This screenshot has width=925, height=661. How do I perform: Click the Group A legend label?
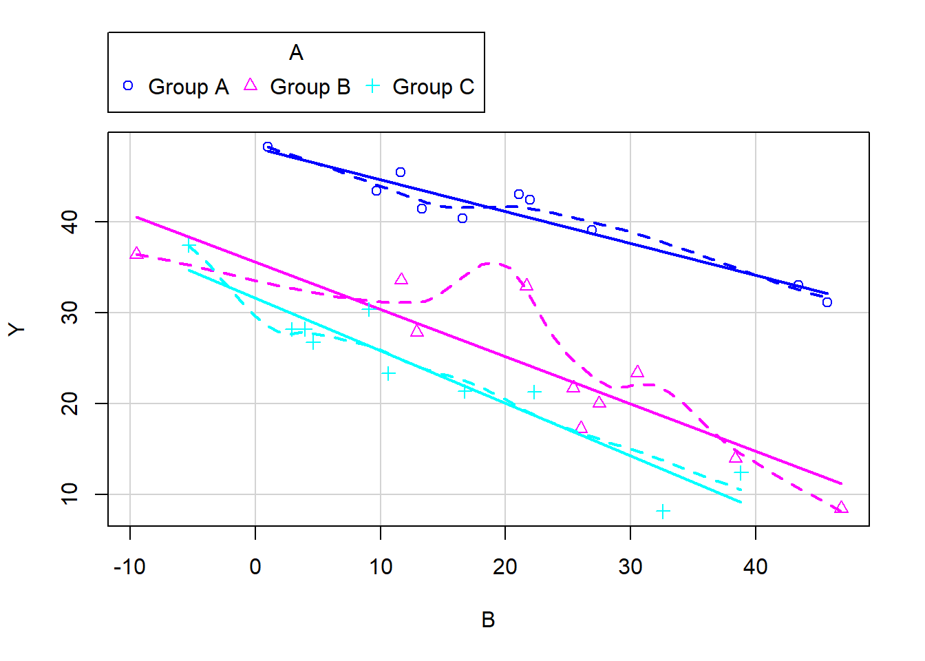(188, 87)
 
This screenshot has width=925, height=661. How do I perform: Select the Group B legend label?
(310, 87)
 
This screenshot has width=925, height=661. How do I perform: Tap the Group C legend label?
(433, 87)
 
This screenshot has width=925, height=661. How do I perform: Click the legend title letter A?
(296, 53)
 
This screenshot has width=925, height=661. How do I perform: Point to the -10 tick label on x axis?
(129, 567)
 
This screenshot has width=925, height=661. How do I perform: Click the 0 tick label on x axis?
(255, 567)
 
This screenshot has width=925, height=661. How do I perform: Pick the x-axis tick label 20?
(505, 567)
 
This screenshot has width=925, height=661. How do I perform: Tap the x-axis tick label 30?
(630, 567)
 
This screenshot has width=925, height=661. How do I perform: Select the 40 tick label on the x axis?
(755, 567)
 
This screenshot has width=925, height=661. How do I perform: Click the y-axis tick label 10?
(70, 494)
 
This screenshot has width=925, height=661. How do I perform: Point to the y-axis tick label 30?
(70, 313)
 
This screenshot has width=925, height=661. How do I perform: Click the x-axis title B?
(488, 620)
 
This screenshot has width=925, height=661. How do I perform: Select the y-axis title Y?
(17, 328)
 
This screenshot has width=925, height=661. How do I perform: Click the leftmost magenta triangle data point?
(136, 253)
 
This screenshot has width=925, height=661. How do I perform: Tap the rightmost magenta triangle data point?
(841, 507)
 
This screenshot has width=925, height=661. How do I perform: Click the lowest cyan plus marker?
(663, 512)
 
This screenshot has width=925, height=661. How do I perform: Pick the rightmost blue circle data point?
(827, 302)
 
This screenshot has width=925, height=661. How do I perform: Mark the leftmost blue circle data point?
(268, 147)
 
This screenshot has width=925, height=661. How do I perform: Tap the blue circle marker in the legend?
(128, 86)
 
